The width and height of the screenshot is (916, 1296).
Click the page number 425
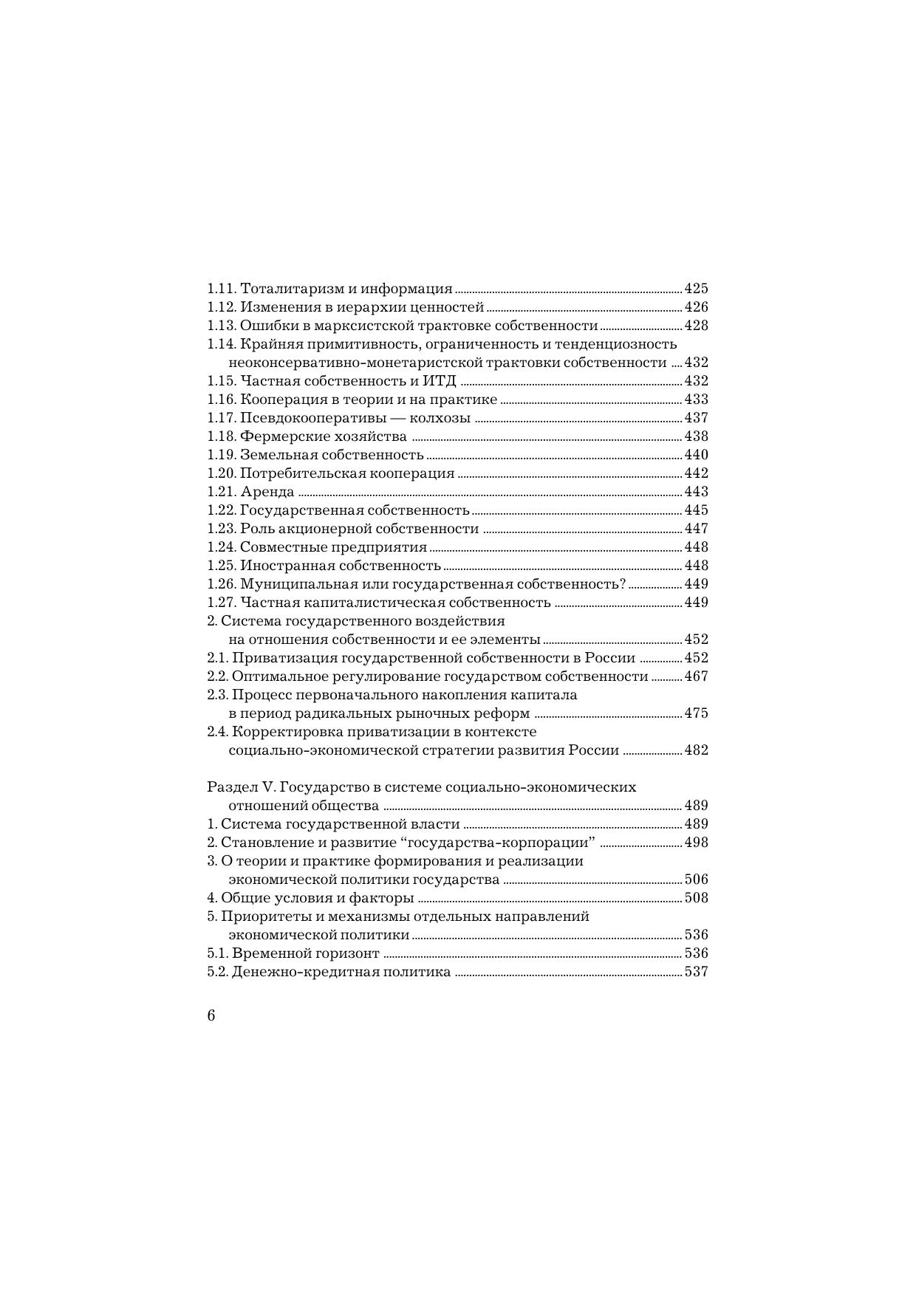[696, 289]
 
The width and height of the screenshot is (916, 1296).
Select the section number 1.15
[221, 381]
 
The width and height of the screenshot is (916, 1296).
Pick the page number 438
[696, 436]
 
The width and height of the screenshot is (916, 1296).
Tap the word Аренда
[267, 492]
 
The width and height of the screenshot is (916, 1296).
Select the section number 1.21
[221, 492]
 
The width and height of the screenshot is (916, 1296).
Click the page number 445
[696, 510]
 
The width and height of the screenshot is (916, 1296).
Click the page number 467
[696, 676]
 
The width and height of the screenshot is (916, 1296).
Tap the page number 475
[696, 713]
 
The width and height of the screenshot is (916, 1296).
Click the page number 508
[696, 898]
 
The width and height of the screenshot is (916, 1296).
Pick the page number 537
[696, 972]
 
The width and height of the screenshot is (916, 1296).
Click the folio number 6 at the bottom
[211, 1015]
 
